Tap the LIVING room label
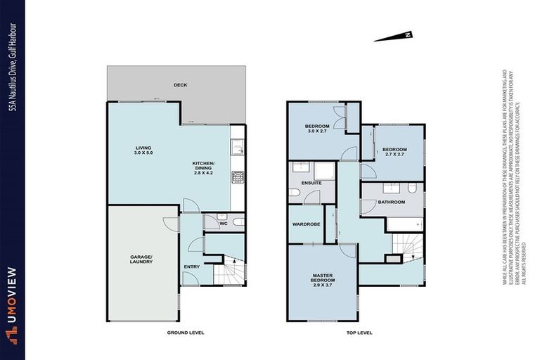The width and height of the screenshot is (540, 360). point(144,150)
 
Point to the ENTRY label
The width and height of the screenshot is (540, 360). point(192,266)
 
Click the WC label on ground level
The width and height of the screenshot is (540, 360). point(223,225)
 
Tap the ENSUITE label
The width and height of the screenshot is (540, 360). point(311,183)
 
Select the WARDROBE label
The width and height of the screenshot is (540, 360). point(306,225)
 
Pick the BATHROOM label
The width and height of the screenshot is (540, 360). point(391,202)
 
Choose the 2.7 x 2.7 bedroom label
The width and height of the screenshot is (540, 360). point(394,151)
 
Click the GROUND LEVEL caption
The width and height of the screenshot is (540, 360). point(185,333)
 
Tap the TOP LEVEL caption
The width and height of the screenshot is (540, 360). point(359,333)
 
